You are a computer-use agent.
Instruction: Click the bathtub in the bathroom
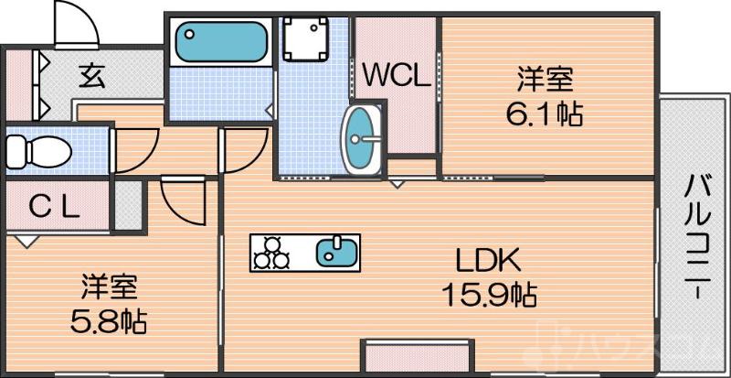point(221,42)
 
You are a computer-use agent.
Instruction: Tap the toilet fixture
point(37,150)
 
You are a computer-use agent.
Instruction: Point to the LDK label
point(489,263)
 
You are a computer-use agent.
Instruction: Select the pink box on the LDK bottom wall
point(417,356)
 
